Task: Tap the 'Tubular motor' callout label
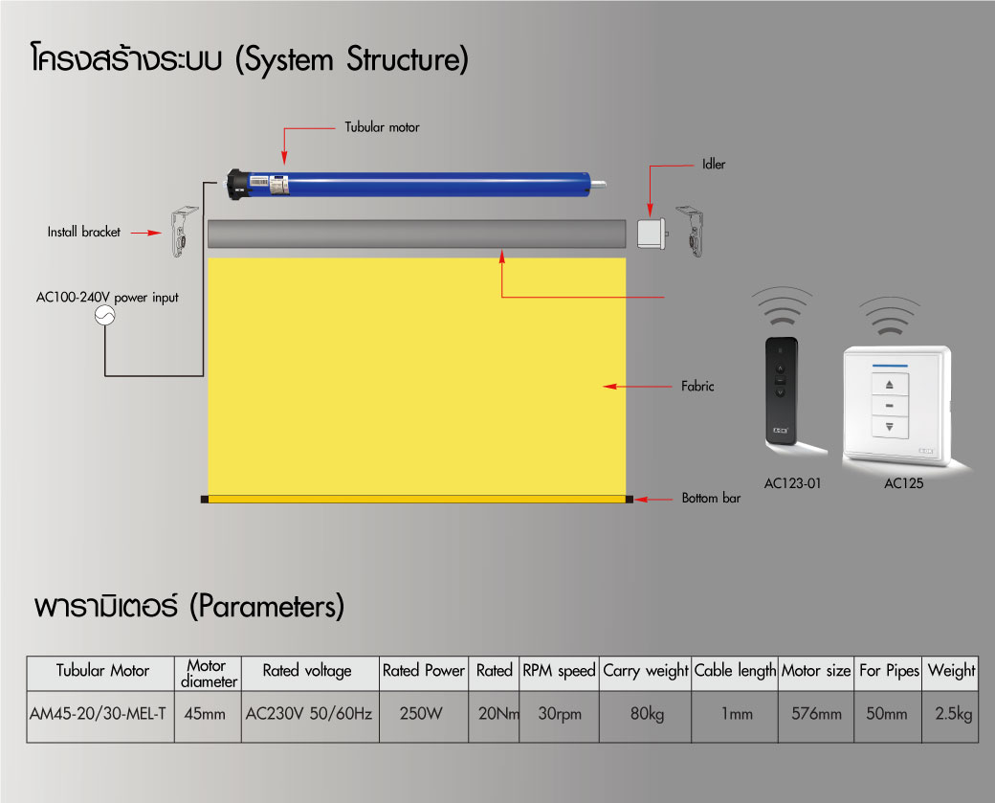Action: (382, 126)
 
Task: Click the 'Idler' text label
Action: (714, 165)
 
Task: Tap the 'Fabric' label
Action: (697, 387)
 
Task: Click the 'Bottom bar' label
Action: (711, 499)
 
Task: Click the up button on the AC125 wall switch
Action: (890, 383)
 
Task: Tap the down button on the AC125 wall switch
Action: (890, 428)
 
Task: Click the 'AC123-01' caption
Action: (792, 483)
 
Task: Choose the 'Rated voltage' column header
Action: (307, 671)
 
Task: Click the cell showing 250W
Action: (423, 714)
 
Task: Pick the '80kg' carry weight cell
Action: (645, 714)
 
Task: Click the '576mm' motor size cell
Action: (815, 714)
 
